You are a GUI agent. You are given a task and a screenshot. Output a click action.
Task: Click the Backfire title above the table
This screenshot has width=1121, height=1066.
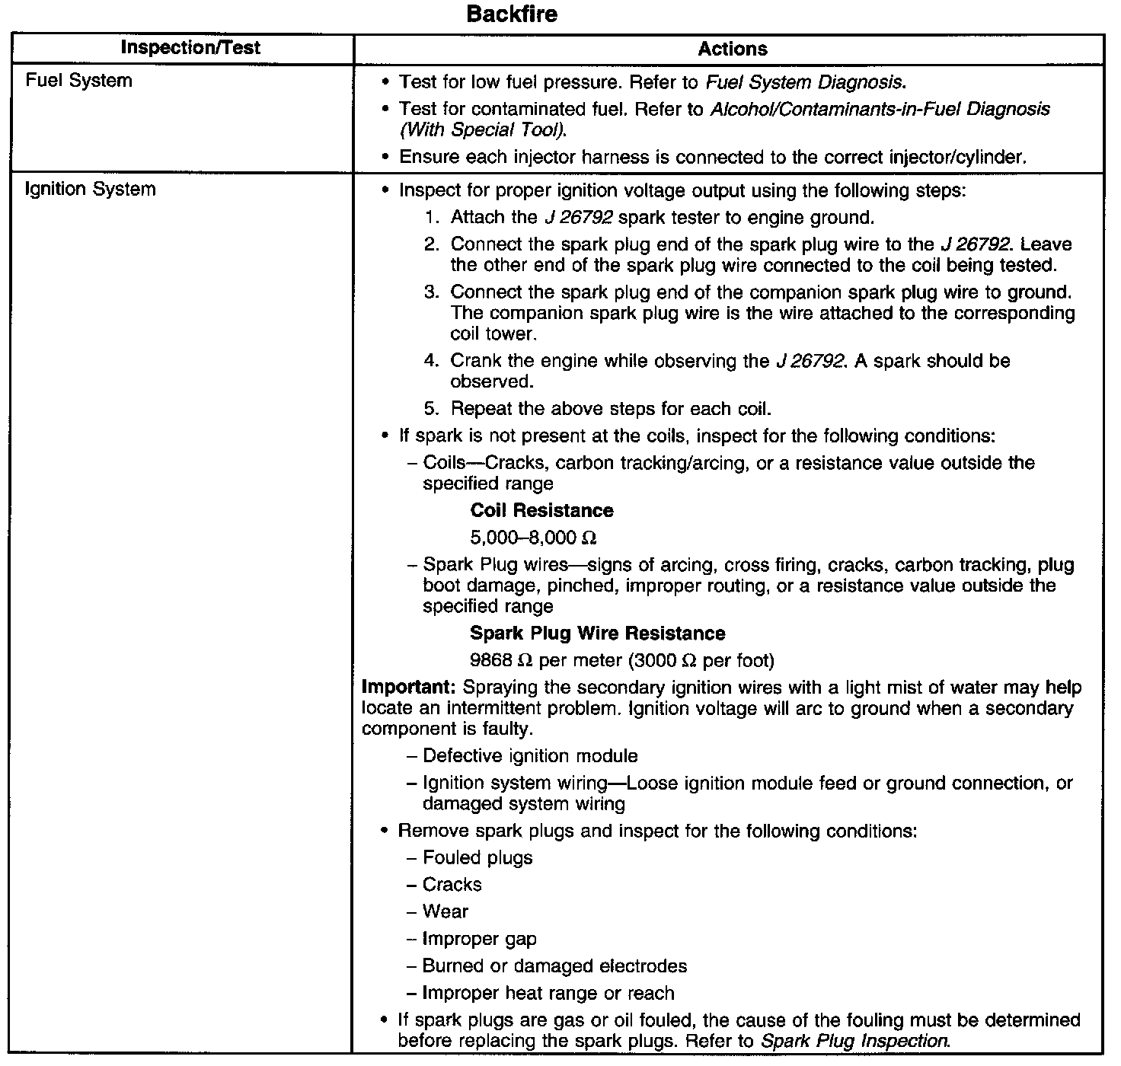(512, 14)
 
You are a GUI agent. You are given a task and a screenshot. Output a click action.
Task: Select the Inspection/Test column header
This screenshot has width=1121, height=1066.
(190, 48)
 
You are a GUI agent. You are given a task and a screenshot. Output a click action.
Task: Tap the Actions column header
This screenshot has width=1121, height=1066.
(733, 49)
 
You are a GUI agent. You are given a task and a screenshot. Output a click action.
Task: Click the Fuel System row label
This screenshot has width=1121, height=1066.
(78, 81)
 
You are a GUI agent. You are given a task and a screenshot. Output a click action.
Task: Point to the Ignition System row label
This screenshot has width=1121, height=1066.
(90, 190)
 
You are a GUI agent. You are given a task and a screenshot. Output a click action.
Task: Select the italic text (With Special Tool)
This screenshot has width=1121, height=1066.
(483, 130)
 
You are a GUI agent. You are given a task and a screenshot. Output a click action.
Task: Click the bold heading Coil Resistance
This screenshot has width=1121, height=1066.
(541, 510)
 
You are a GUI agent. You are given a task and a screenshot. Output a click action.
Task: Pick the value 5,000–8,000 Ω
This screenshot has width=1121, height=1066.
(533, 538)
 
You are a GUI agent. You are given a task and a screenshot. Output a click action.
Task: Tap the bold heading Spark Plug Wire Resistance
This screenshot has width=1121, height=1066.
(597, 634)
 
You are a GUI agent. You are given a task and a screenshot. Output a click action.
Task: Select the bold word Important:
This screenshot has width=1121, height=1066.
(408, 688)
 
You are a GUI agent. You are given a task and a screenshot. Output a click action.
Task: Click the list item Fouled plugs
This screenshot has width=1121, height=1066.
(477, 858)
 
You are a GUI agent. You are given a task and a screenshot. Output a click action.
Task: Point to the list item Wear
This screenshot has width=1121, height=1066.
(446, 912)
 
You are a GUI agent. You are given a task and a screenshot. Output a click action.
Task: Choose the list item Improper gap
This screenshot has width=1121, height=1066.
(480, 940)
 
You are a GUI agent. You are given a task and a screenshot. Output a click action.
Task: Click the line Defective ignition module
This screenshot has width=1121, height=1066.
(530, 756)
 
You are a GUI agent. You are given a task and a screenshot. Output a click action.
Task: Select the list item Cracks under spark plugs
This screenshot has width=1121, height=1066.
(452, 885)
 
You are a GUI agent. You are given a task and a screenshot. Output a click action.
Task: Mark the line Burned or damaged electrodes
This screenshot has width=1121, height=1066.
(554, 966)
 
